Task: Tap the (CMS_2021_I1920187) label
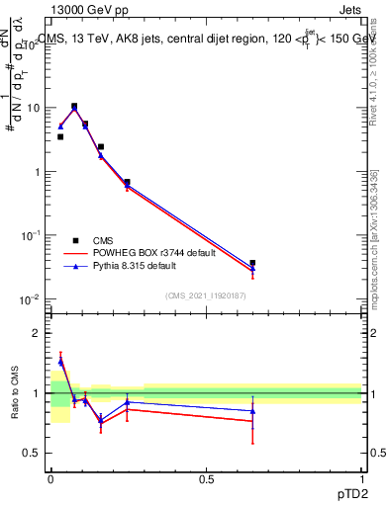206,295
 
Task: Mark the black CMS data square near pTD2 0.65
252,263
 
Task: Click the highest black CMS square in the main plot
74,106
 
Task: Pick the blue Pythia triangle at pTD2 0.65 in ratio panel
252,411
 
